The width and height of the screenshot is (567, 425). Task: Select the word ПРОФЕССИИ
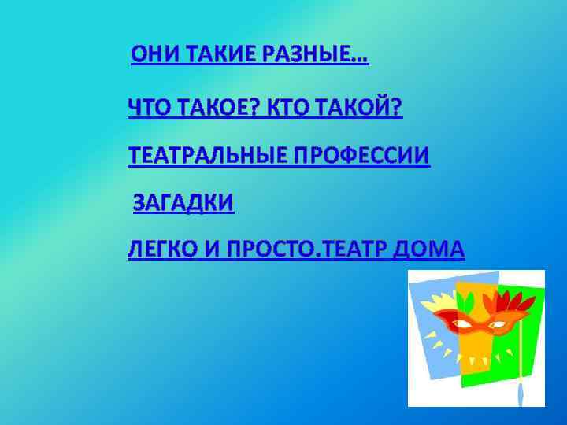point(362,157)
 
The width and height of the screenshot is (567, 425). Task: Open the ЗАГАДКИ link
point(183,204)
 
